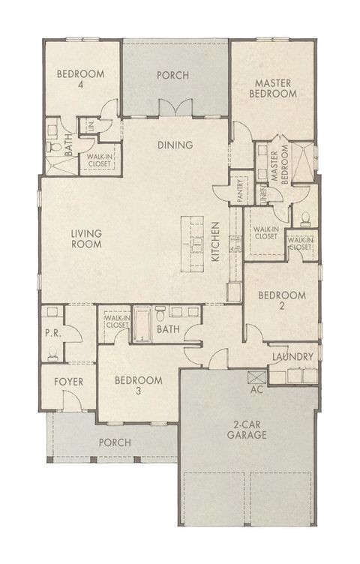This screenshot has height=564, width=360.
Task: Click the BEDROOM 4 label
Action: (79, 79)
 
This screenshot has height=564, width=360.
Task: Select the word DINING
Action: (175, 145)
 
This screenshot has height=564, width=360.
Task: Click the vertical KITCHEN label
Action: (214, 241)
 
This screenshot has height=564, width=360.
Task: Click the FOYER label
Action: (68, 382)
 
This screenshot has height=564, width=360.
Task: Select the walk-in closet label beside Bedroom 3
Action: (115, 322)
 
